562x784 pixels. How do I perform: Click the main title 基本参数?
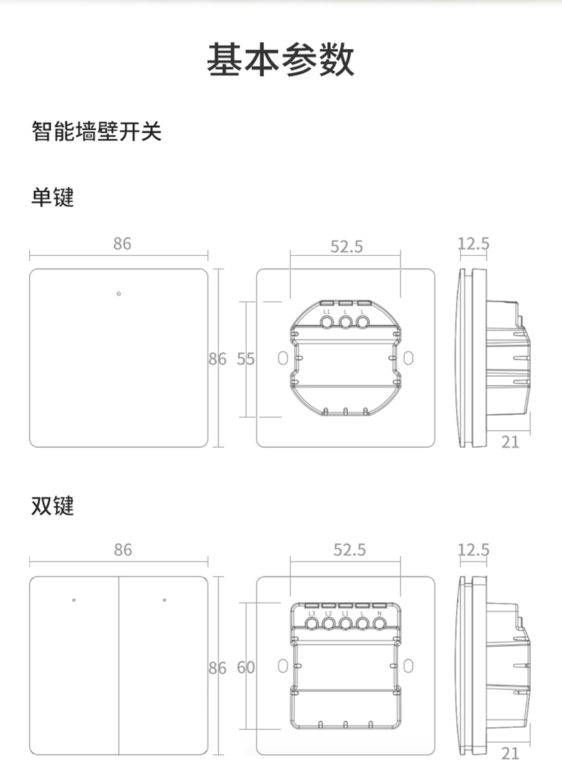[280, 60]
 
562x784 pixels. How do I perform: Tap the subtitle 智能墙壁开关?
[97, 131]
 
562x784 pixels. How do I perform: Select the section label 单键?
[53, 197]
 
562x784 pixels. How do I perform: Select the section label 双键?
[53, 506]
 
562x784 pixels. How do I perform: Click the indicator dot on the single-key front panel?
[119, 293]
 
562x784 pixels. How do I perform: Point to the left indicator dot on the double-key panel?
[74, 600]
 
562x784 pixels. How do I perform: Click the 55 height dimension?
[245, 359]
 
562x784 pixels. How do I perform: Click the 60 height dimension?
[245, 667]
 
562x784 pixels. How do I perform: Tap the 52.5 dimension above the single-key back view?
[346, 247]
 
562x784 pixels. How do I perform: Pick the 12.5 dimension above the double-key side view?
[473, 550]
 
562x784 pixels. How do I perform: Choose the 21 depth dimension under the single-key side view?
[510, 442]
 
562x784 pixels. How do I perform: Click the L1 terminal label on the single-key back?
[327, 313]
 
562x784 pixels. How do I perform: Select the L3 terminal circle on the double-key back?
[312, 625]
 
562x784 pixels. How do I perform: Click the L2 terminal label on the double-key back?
[328, 613]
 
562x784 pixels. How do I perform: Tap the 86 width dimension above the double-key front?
[122, 549]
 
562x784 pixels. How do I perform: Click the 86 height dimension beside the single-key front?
[217, 359]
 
